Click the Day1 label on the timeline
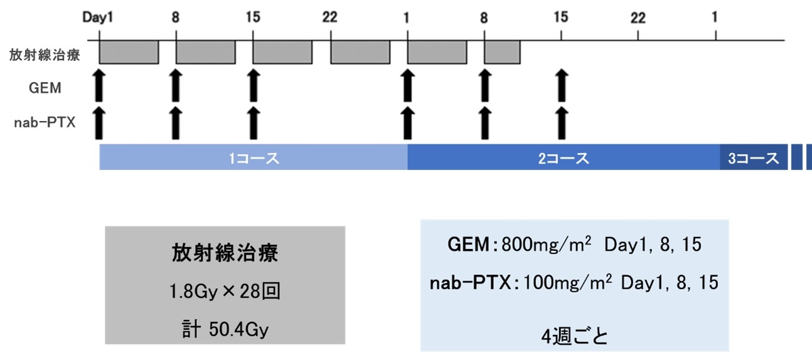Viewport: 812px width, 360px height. (98, 18)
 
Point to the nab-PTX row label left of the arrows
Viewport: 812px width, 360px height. (45, 123)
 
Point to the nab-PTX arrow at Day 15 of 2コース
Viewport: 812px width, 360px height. (562, 122)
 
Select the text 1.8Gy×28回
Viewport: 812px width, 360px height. (225, 292)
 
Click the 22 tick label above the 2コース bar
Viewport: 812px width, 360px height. (638, 18)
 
